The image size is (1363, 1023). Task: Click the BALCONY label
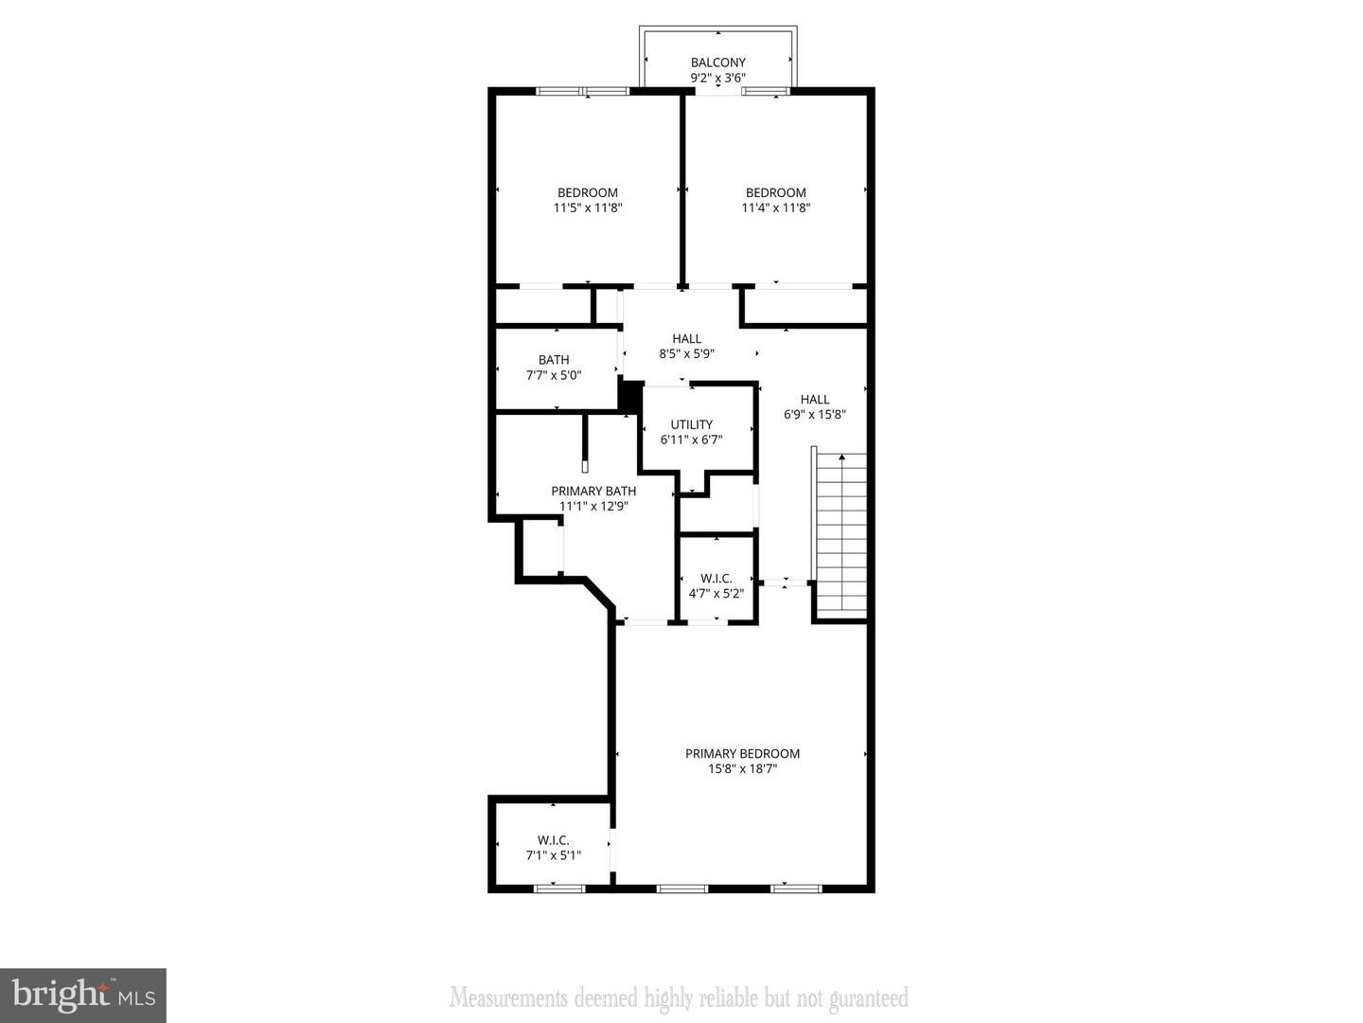click(x=717, y=63)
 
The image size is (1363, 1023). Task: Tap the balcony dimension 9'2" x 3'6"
click(x=717, y=79)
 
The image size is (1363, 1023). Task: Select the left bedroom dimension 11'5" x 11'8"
click(x=587, y=207)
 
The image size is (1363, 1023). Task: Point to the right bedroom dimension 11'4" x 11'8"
click(x=775, y=207)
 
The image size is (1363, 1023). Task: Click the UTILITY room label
click(x=691, y=424)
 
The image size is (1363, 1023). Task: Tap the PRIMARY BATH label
click(x=593, y=491)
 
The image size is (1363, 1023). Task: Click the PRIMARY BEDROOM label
click(x=742, y=753)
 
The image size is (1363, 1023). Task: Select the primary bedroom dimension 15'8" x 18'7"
click(x=742, y=769)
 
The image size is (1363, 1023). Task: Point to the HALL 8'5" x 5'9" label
click(x=686, y=338)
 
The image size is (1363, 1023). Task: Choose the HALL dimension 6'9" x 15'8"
click(x=814, y=414)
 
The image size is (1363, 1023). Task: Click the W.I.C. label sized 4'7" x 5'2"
click(x=716, y=578)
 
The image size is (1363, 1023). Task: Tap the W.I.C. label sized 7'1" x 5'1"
click(x=553, y=840)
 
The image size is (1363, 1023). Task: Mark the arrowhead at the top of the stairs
click(x=841, y=458)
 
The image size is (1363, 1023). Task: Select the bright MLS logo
click(x=83, y=995)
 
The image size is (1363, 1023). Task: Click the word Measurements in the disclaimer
click(x=508, y=997)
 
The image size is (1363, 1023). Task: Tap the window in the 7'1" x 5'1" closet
click(x=558, y=888)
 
